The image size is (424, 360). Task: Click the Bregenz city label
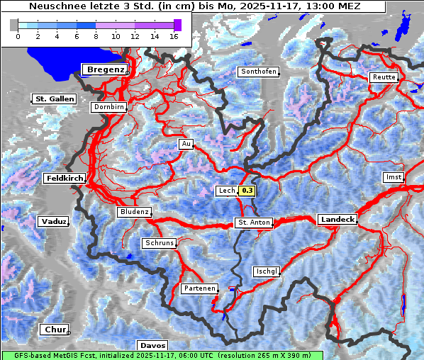pyautogui.click(x=105, y=69)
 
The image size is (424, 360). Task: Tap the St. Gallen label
pyautogui.click(x=54, y=99)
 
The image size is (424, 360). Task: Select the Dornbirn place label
pyautogui.click(x=109, y=108)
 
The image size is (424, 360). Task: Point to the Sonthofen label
pyautogui.click(x=258, y=72)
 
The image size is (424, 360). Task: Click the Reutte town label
pyautogui.click(x=384, y=77)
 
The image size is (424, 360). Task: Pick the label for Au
pyautogui.click(x=186, y=144)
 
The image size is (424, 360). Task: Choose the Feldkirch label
pyautogui.click(x=65, y=179)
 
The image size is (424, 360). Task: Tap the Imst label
pyautogui.click(x=392, y=176)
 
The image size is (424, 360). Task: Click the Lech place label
pyautogui.click(x=226, y=191)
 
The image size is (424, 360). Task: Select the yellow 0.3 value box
pyautogui.click(x=247, y=191)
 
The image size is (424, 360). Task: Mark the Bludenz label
pyautogui.click(x=134, y=212)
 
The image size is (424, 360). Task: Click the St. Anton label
pyautogui.click(x=253, y=223)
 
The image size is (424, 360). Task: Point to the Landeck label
pyautogui.click(x=337, y=220)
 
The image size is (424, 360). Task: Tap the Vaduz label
pyautogui.click(x=54, y=222)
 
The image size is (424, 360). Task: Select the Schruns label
pyautogui.click(x=159, y=243)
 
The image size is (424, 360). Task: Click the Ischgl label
pyautogui.click(x=267, y=271)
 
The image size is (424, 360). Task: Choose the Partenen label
pyautogui.click(x=199, y=288)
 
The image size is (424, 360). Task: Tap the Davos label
pyautogui.click(x=152, y=345)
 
